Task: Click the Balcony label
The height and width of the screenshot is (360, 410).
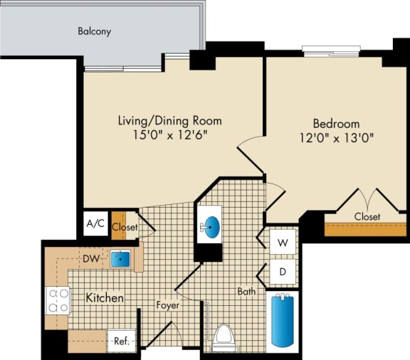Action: [x=94, y=31]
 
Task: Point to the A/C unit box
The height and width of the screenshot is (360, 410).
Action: [x=95, y=224]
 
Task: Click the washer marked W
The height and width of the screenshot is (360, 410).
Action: [x=283, y=243]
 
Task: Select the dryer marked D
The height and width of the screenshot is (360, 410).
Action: [x=283, y=271]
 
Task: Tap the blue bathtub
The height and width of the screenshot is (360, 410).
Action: [x=283, y=320]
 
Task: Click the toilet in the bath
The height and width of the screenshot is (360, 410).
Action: [x=224, y=338]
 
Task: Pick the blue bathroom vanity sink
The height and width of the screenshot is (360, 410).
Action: [x=211, y=227]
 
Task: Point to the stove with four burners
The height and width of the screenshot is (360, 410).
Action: [x=57, y=300]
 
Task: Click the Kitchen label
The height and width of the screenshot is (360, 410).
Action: [x=105, y=297]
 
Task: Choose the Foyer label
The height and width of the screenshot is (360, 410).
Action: [x=168, y=305]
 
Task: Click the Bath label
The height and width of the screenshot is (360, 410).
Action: [x=247, y=290]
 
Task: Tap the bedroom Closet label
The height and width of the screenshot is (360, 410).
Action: [x=366, y=216]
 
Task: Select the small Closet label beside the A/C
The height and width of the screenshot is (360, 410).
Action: [x=125, y=228]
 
